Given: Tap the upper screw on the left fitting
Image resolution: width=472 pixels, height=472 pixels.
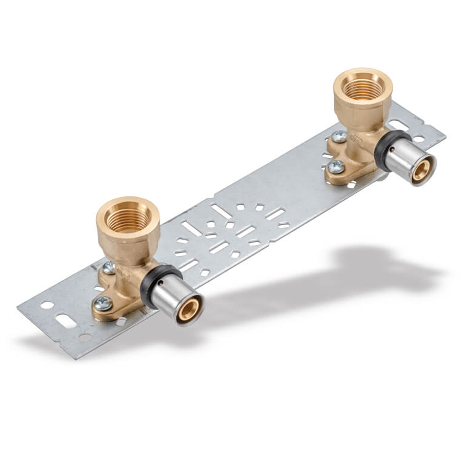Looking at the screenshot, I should click(x=109, y=268).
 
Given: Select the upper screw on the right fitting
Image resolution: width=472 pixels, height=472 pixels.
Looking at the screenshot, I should click(x=339, y=137).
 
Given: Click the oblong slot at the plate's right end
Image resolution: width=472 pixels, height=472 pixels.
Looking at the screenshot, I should click(x=399, y=125).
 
